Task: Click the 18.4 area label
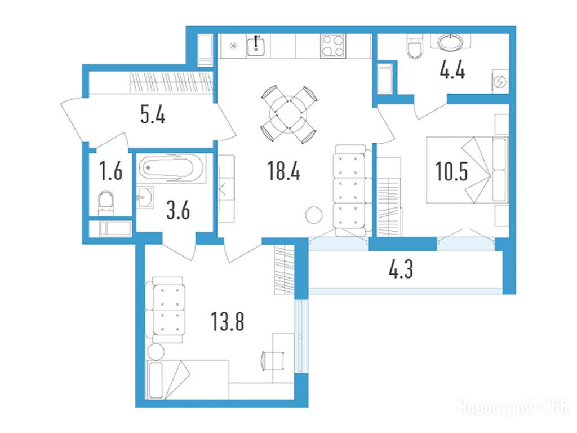(284, 171)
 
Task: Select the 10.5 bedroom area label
(451, 171)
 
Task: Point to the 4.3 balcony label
(401, 269)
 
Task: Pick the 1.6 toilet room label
(111, 171)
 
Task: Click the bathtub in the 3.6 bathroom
(171, 168)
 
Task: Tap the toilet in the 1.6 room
(106, 203)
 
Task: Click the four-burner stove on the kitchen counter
(332, 46)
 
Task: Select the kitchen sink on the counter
(256, 45)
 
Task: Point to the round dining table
(288, 114)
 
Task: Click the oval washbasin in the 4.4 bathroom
(450, 42)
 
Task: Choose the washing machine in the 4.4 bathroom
(500, 81)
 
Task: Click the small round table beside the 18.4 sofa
(314, 215)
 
